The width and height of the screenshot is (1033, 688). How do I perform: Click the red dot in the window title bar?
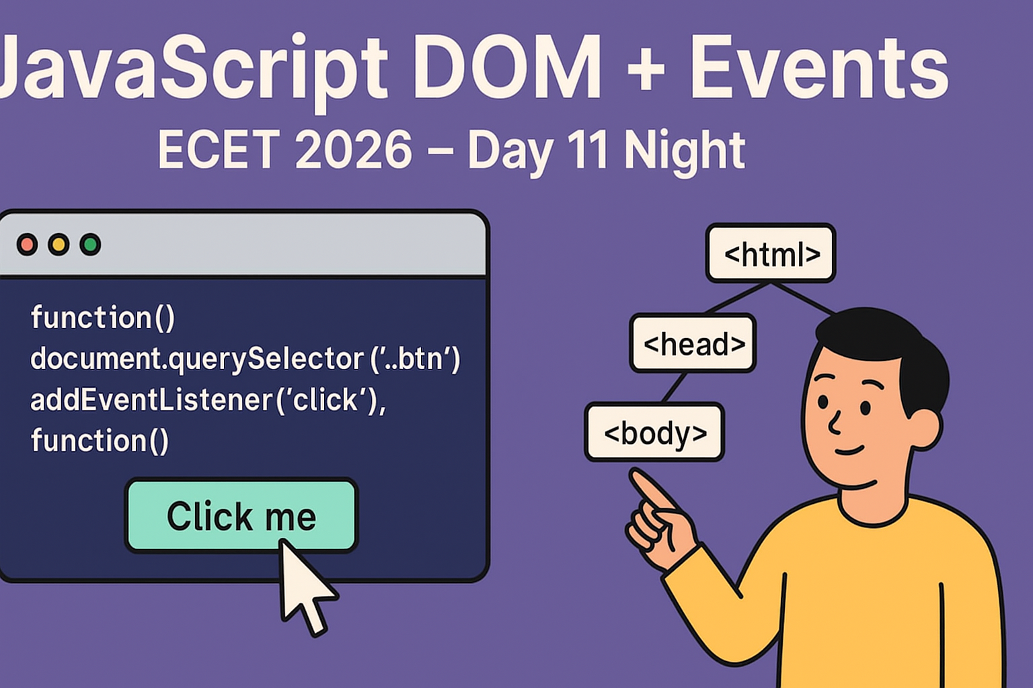(x=27, y=245)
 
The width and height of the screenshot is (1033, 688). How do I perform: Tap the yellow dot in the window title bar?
(x=59, y=245)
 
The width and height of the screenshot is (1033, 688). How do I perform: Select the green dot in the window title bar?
(x=90, y=245)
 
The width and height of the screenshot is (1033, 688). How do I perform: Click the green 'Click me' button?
(x=241, y=515)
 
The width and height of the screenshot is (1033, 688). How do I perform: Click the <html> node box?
(x=771, y=253)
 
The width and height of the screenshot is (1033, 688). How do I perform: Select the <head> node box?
(x=693, y=343)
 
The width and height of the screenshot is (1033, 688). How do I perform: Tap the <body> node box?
(x=654, y=432)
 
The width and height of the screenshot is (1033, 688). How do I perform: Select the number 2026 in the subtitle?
(x=353, y=149)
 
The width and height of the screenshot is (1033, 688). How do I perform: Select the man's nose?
(x=834, y=422)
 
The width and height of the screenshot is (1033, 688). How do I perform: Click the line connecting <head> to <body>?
(x=674, y=388)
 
